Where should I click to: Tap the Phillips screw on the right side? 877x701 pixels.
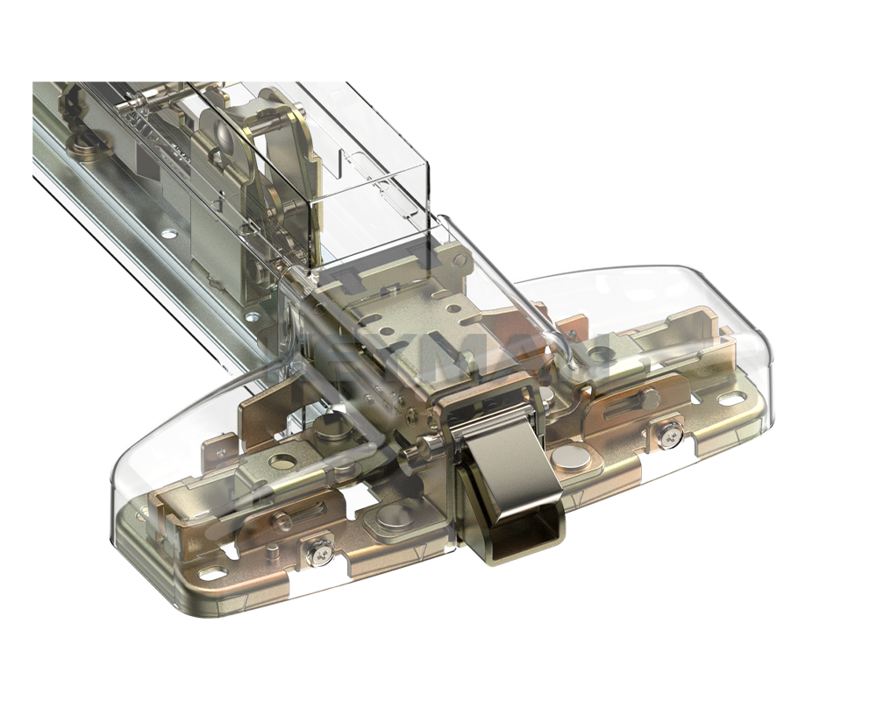(669, 435)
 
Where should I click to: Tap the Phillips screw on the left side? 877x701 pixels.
(317, 551)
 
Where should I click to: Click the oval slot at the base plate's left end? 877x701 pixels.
(212, 574)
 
